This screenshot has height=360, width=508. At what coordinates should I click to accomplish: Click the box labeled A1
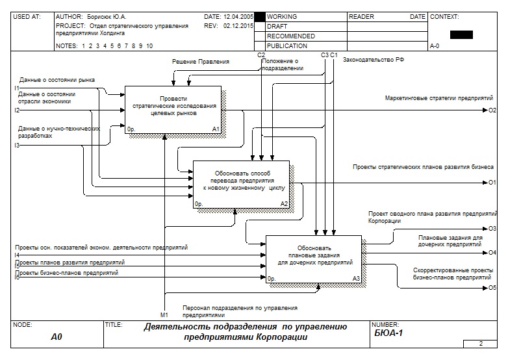[x=173, y=109]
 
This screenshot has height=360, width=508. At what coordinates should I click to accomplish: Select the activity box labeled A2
[x=241, y=184]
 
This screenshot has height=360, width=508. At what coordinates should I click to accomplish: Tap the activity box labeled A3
[x=314, y=259]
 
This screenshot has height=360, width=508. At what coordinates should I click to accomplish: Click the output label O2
[x=492, y=110]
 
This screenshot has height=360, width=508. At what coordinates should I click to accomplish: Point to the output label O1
[x=492, y=183]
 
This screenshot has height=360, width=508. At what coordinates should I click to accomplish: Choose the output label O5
[x=492, y=287]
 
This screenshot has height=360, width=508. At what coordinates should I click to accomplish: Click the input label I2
[x=17, y=110]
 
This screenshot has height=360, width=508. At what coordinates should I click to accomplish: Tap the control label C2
[x=261, y=55]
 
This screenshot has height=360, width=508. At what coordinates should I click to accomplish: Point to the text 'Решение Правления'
[x=201, y=62]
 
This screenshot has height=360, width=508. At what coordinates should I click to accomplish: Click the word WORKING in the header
[x=282, y=17]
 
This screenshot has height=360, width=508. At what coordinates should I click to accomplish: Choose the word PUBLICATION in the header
[x=287, y=46]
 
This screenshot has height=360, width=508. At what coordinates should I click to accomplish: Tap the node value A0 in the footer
[x=57, y=337]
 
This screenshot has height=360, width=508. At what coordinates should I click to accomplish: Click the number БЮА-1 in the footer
[x=389, y=333]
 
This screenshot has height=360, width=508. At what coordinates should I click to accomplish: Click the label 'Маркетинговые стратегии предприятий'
[x=438, y=98]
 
